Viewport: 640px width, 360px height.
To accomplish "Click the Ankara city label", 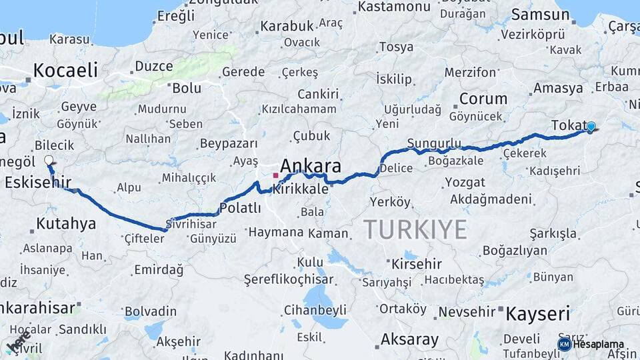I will pyautogui.click(x=311, y=166).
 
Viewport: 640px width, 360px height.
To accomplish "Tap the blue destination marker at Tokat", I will pyautogui.click(x=591, y=126).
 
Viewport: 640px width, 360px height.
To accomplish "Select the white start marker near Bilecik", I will pyautogui.click(x=49, y=160).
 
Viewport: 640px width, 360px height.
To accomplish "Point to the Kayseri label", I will pyautogui.click(x=538, y=313).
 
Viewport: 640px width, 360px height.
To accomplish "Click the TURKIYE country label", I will pyautogui.click(x=415, y=229).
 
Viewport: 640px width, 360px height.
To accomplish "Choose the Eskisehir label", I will pyautogui.click(x=38, y=182).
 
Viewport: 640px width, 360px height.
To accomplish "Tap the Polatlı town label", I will pyautogui.click(x=240, y=208).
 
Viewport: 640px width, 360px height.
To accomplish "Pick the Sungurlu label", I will pyautogui.click(x=434, y=143).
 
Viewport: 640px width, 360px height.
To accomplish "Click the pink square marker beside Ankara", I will pyautogui.click(x=275, y=175).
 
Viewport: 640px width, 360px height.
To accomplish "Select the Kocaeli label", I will pyautogui.click(x=65, y=70).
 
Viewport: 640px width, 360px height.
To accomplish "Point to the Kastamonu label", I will pyautogui.click(x=394, y=7).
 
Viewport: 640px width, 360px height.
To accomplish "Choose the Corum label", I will pyautogui.click(x=483, y=99).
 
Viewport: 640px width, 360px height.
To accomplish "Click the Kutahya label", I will pyautogui.click(x=66, y=223).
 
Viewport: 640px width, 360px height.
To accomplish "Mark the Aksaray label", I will pyautogui.click(x=409, y=339).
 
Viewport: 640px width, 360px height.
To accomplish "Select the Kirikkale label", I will pyautogui.click(x=301, y=189).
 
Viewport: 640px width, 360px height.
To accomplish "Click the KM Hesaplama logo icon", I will pyautogui.click(x=564, y=344).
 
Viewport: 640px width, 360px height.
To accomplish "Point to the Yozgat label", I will pyautogui.click(x=465, y=182).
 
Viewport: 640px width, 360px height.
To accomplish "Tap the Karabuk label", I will pyautogui.click(x=287, y=26).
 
